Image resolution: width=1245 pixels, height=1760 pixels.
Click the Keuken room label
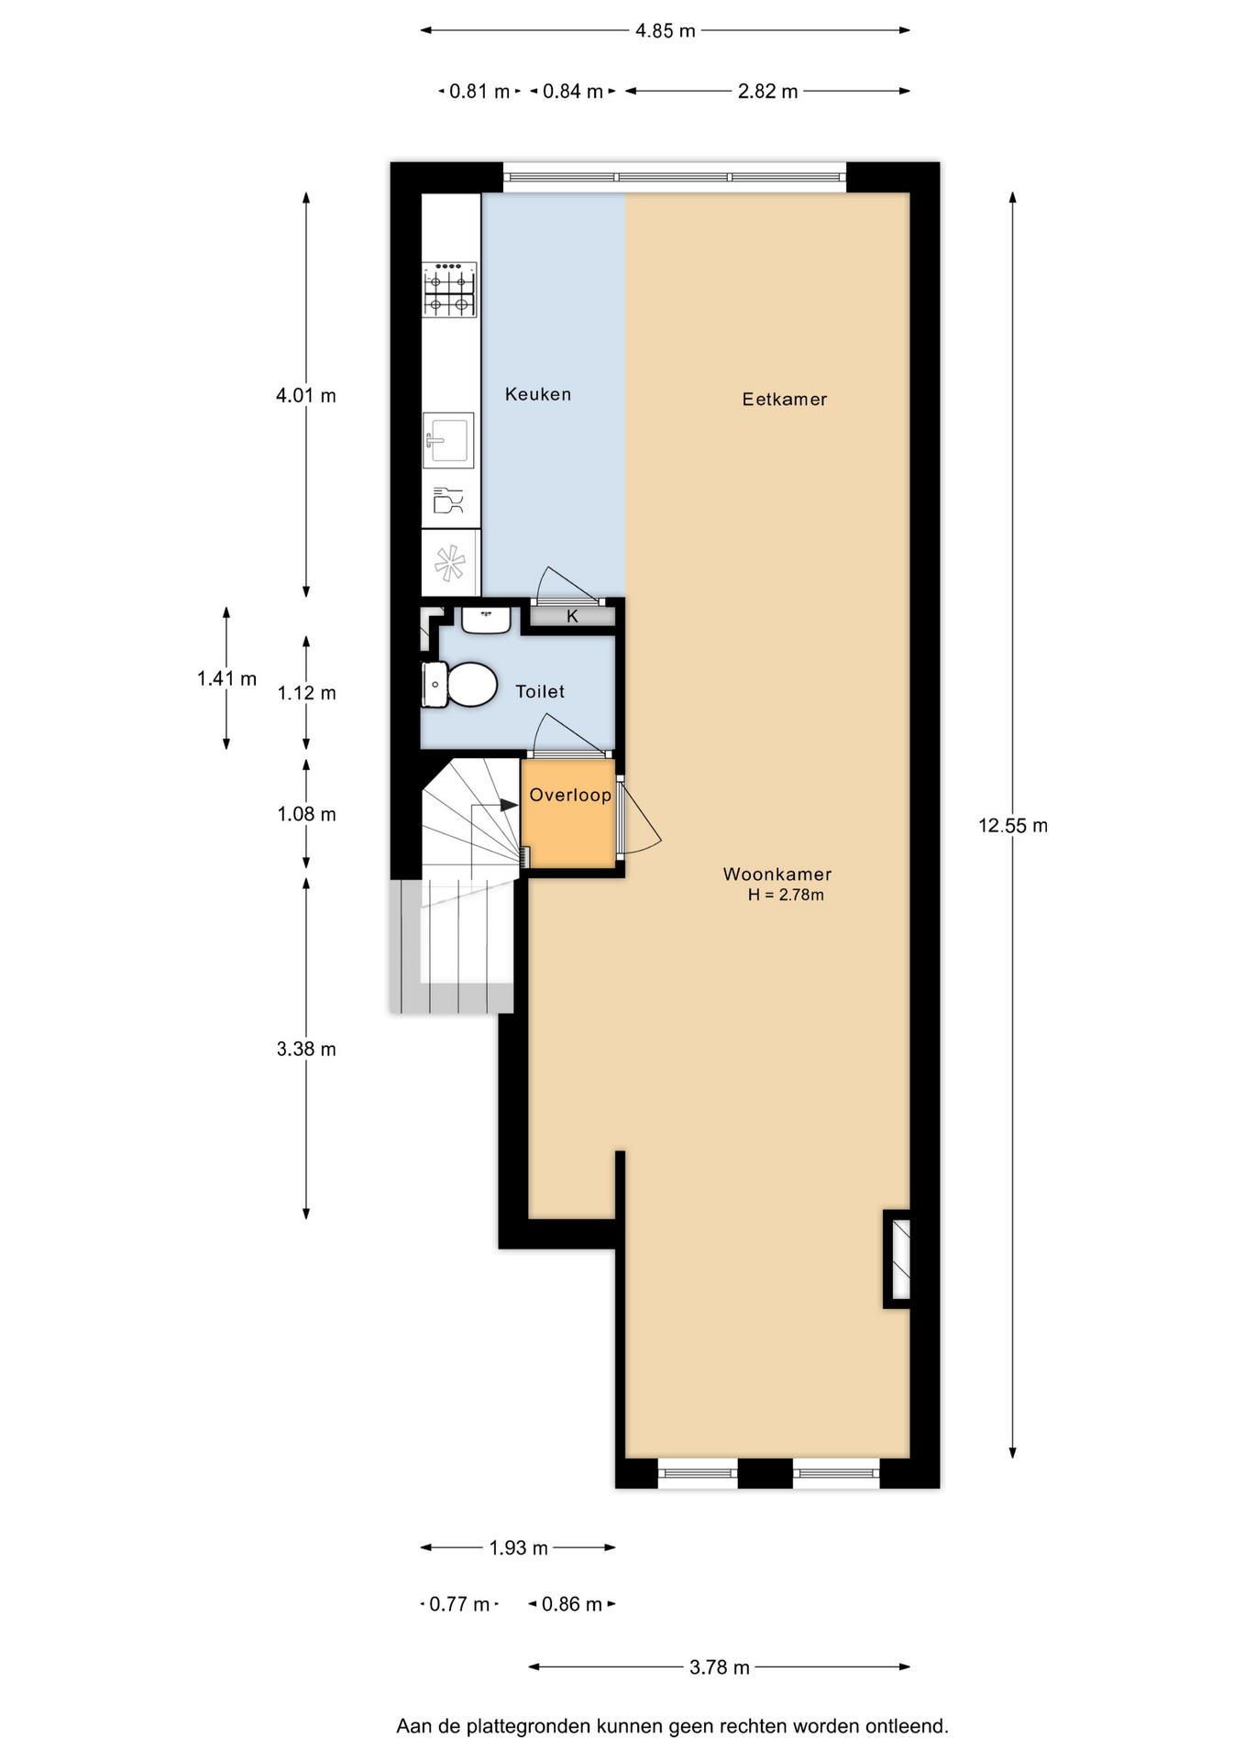[538, 394]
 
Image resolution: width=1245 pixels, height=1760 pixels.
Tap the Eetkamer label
[785, 399]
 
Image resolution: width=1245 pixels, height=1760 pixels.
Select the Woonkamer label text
[777, 874]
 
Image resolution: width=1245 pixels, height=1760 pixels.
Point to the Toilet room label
[540, 692]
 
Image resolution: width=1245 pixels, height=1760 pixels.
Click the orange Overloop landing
[568, 814]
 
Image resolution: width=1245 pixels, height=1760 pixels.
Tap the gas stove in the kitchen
[449, 290]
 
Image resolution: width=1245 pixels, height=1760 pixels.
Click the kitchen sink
[448, 440]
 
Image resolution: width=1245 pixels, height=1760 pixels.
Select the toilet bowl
[459, 685]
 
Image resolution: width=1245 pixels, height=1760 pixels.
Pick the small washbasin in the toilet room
[486, 620]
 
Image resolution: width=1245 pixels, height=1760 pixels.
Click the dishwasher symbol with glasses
[448, 500]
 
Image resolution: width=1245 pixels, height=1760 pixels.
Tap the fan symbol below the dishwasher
[449, 563]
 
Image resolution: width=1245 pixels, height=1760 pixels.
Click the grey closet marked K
[573, 616]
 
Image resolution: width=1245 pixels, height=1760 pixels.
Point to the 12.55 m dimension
[1013, 825]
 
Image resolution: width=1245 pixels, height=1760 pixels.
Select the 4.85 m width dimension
[666, 30]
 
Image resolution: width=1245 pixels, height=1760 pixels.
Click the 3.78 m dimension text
[720, 1667]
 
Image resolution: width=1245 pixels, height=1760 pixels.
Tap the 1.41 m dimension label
[226, 678]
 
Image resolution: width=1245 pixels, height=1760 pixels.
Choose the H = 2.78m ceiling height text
[786, 896]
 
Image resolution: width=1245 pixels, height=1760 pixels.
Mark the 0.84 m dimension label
[573, 92]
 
